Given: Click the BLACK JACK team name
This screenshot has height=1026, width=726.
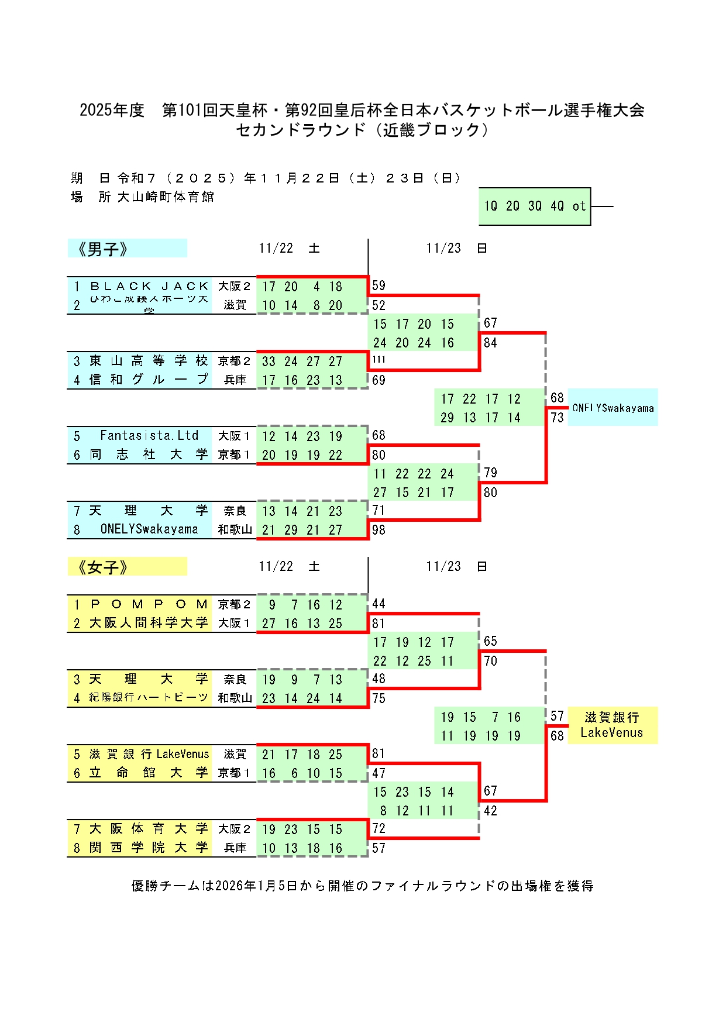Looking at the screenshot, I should coord(149,287).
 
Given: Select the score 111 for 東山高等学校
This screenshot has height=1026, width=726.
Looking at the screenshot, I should coord(379,359).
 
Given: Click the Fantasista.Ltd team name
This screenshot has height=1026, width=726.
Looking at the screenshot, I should coord(149,436).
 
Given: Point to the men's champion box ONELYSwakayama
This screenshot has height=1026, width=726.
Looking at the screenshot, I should coord(613,408).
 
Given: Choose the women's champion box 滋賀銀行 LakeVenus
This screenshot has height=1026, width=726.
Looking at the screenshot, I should coord(612,725).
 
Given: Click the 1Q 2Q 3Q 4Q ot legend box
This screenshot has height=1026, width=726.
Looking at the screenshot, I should coord(535,206).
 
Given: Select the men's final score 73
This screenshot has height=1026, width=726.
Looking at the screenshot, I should coord(557,418).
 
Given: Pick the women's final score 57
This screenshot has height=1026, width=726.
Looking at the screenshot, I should coord(557,717).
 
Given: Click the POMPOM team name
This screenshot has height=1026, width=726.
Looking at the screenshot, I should coord(149,604).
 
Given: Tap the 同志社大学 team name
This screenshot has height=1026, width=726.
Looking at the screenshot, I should coord(149,455).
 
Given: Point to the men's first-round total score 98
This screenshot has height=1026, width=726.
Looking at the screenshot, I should coord(379,530).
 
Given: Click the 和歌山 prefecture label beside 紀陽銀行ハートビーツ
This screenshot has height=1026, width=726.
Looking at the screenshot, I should coord(235,698).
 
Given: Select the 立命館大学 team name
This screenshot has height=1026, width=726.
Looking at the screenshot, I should coord(149,773).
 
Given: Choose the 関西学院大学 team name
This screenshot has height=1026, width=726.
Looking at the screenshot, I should coord(149,848).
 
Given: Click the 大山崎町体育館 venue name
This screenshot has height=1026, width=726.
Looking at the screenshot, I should coord(166,197).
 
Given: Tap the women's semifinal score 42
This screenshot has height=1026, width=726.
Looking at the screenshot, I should coord(490,811).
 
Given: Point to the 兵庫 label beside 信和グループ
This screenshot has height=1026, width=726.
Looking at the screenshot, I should coord(235,380).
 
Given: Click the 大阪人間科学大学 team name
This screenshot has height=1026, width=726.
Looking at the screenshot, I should coord(149,623).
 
